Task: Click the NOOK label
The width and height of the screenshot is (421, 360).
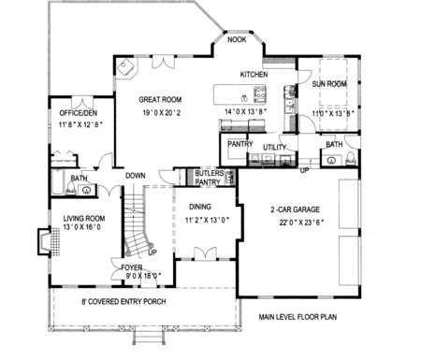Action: [x=237, y=39]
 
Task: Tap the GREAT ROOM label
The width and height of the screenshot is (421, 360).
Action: [x=160, y=100]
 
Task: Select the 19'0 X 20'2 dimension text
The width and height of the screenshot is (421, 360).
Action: [x=162, y=113]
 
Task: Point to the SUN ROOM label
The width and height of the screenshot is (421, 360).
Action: [x=329, y=84]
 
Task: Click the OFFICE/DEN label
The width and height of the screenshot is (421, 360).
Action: [x=79, y=113]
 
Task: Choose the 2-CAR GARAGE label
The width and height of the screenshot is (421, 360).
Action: [x=295, y=209]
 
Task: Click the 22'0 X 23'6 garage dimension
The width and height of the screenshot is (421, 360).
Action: [x=301, y=223]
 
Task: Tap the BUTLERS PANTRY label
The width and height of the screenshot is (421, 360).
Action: [x=209, y=178]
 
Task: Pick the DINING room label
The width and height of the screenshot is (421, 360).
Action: [x=200, y=207]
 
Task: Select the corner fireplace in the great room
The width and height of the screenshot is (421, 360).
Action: [x=126, y=67]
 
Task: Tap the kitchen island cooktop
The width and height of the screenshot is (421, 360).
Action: [x=260, y=94]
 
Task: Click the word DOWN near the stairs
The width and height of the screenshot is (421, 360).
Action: [x=136, y=176]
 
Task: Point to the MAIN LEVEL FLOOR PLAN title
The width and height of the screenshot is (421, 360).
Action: [x=298, y=317]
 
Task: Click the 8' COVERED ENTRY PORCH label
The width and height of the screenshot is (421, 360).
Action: [x=123, y=302]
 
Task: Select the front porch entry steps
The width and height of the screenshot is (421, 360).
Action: [x=149, y=338]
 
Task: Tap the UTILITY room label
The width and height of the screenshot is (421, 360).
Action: [x=274, y=148]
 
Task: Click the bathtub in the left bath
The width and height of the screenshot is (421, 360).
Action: [x=57, y=182]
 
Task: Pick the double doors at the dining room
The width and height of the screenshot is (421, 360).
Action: [x=205, y=253]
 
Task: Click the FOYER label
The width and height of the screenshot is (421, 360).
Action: [x=132, y=267]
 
